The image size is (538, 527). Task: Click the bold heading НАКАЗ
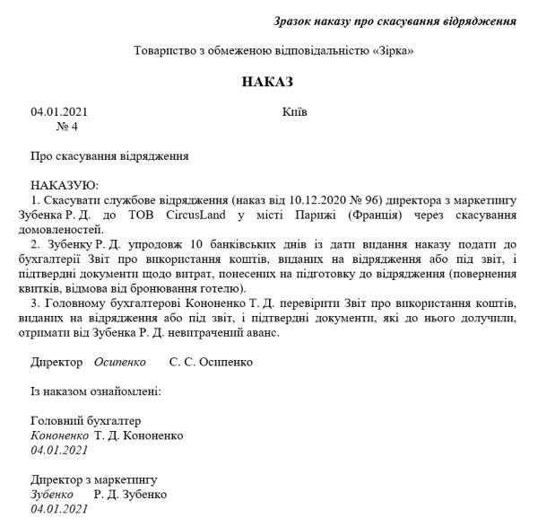coord(267,82)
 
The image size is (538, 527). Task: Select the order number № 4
coord(67,127)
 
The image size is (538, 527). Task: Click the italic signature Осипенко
coord(119,362)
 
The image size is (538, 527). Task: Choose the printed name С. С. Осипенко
coord(211,362)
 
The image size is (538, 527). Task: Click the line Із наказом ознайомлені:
coord(95,391)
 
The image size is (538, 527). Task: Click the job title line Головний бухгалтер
coord(86,421)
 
